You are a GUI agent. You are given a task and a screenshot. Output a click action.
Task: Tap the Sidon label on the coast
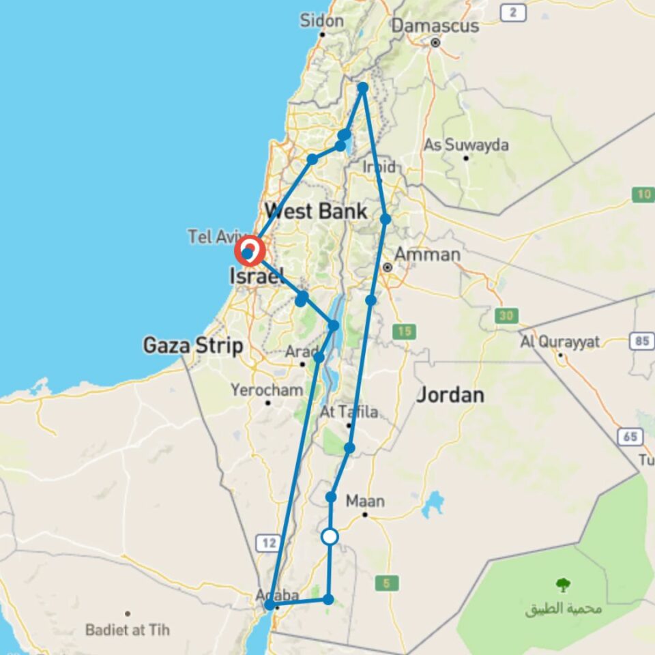coord(321,20)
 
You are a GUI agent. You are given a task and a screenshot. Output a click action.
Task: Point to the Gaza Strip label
coord(192,345)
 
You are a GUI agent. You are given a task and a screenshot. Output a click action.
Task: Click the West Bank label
coord(316,211)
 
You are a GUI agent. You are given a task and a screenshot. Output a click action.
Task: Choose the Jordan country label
coord(450,394)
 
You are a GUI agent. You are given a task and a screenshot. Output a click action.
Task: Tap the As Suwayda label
coord(466,145)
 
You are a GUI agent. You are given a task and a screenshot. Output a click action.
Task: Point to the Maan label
coord(365,501)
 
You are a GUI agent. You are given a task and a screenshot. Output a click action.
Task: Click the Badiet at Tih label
coord(128,629)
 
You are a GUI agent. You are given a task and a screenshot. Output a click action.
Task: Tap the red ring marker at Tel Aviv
coord(249,252)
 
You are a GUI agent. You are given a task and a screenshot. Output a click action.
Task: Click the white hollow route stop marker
coord(330,537)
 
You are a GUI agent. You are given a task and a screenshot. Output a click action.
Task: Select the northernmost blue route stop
coord(363,87)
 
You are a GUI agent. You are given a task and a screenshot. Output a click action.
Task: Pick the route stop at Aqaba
coord(270,605)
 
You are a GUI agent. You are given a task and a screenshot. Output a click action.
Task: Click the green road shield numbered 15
coord(403,332)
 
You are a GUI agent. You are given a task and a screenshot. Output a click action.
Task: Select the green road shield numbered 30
coord(506,315)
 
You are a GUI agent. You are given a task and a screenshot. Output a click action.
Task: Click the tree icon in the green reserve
coord(563,585)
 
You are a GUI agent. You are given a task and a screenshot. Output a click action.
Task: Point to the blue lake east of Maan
coord(433,505)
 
